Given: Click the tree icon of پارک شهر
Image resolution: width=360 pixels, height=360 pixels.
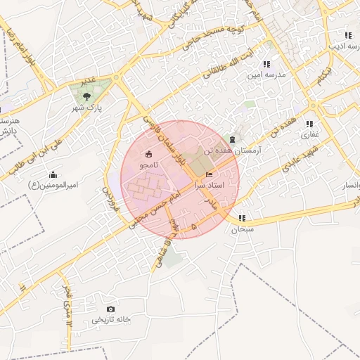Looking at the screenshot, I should coord(86,97).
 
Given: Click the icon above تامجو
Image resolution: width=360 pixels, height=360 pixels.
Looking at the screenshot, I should coord(148,154).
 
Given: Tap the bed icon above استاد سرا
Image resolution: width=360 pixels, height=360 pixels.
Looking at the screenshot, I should coord(208,174).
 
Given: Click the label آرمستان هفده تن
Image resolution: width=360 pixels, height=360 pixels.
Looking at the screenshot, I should coord(233,150).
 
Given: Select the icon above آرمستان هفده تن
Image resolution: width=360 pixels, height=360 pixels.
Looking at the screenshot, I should coord(233,139).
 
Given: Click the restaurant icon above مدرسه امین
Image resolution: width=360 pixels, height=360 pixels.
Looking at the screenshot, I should coord(266,64).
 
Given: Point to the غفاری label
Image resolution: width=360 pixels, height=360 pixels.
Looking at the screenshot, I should coord(310,134).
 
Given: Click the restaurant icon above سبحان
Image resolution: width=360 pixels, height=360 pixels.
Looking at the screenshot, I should coord(243,218).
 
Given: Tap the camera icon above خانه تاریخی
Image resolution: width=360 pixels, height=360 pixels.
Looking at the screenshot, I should coord(110,309).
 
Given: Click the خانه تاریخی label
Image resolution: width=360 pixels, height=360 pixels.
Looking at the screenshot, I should coord(111,321).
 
